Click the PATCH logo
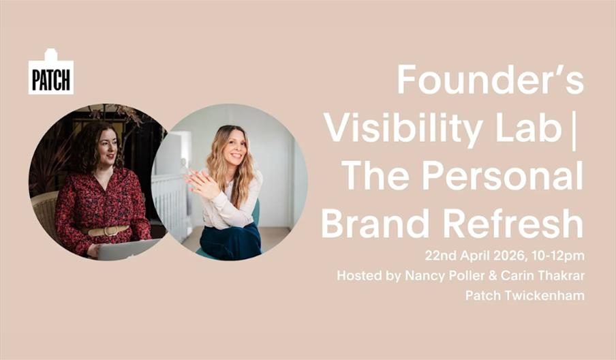click(x=51, y=73)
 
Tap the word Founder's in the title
click(x=490, y=80)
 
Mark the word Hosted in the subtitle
click(x=357, y=276)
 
